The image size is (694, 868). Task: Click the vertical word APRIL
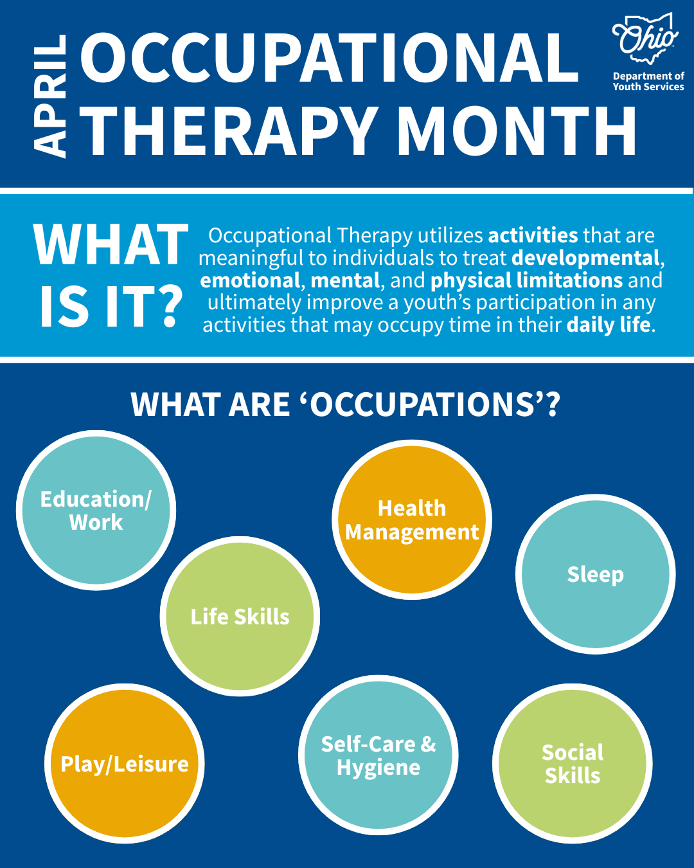click(x=49, y=96)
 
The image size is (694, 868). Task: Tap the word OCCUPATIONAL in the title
click(x=330, y=58)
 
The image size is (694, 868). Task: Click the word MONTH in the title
click(x=517, y=131)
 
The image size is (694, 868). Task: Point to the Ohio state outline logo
click(x=645, y=39)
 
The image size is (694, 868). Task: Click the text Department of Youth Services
click(x=648, y=81)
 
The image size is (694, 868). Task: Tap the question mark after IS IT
click(x=170, y=306)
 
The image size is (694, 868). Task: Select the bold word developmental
click(x=585, y=258)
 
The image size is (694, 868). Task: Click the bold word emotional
click(x=249, y=280)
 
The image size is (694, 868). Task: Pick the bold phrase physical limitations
click(x=527, y=281)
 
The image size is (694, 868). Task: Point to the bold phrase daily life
click(x=608, y=325)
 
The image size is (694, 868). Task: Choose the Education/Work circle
click(x=96, y=511)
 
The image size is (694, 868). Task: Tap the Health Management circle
click(x=412, y=520)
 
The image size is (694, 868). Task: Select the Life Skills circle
click(x=240, y=617)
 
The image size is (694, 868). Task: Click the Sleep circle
click(x=595, y=574)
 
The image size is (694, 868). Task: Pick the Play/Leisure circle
click(x=124, y=764)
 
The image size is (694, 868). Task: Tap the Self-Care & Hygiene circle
click(x=378, y=755)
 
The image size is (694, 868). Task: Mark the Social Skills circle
click(x=572, y=764)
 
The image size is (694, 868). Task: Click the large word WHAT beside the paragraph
click(x=111, y=244)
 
